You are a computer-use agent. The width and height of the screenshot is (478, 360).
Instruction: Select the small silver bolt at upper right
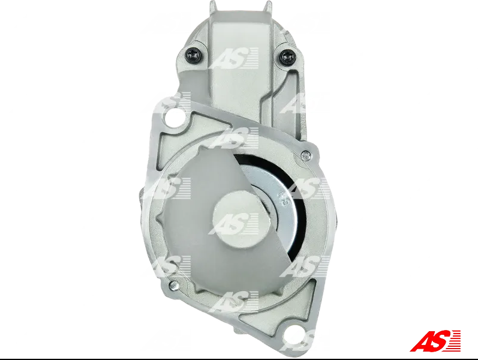(x=305, y=155)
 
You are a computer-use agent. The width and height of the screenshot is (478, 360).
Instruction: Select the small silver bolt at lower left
(x=174, y=286)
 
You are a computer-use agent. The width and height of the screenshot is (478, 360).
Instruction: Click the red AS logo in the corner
(x=435, y=340)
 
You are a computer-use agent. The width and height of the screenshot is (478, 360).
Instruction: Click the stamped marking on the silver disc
(x=283, y=199)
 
